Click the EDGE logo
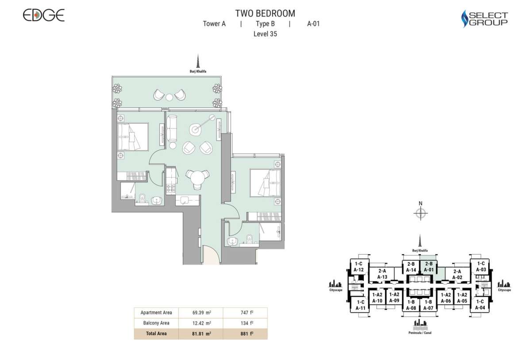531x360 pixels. click(x=43, y=15)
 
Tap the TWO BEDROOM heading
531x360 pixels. click(x=265, y=13)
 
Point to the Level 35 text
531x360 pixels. click(x=265, y=34)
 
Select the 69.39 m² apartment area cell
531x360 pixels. click(x=201, y=313)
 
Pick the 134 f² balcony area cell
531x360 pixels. click(x=246, y=323)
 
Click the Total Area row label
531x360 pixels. click(x=156, y=334)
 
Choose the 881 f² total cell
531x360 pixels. click(x=246, y=334)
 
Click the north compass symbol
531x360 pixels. click(x=420, y=213)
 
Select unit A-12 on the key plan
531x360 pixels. click(x=358, y=267)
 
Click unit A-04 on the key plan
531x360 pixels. click(x=480, y=305)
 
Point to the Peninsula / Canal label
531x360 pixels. click(x=420, y=333)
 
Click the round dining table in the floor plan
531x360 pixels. click(x=196, y=177)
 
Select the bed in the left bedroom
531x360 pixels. click(x=133, y=137)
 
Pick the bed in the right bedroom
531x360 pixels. click(x=265, y=182)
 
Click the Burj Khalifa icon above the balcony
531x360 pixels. click(x=199, y=62)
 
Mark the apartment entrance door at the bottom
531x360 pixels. click(x=212, y=256)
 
